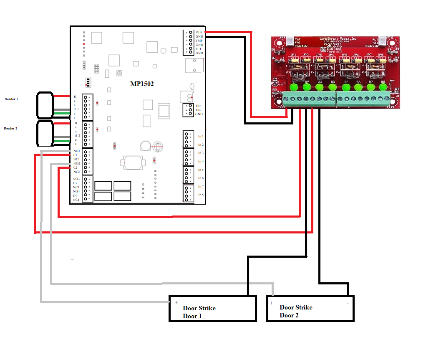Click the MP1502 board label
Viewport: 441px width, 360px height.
pyautogui.click(x=142, y=84)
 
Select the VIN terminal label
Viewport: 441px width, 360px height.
pyautogui.click(x=199, y=32)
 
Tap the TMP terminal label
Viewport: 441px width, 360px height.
pyautogui.click(x=199, y=41)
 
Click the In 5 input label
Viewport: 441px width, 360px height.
pyautogui.click(x=201, y=170)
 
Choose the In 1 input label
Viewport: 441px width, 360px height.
pyautogui.click(x=201, y=137)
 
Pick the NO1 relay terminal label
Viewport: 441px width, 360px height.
pyautogui.click(x=76, y=151)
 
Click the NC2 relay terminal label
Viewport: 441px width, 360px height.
pyautogui.click(x=76, y=172)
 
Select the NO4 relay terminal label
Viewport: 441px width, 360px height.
pyautogui.click(x=76, y=191)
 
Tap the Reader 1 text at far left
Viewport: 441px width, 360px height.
pyautogui.click(x=11, y=99)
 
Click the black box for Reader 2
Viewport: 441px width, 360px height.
pyautogui.click(x=45, y=133)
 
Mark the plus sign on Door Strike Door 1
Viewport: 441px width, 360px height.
pyautogui.click(x=176, y=302)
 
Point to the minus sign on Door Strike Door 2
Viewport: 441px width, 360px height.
pyautogui.click(x=348, y=304)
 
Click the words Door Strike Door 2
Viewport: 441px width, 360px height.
pyautogui.click(x=296, y=311)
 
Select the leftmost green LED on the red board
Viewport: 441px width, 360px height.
pyautogui.click(x=294, y=87)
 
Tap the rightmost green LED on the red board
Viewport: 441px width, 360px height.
pyautogui.click(x=383, y=87)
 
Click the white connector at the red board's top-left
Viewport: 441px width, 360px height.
pyautogui.click(x=288, y=40)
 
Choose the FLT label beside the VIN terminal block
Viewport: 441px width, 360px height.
pyautogui.click(x=199, y=49)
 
